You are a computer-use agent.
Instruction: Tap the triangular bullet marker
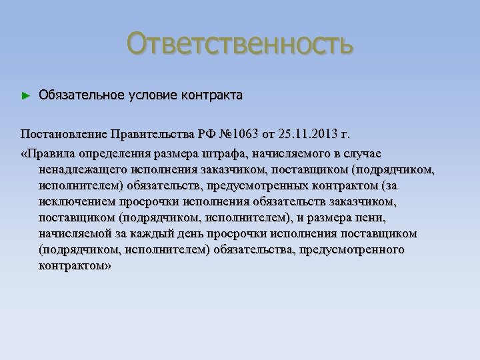point(26,97)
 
